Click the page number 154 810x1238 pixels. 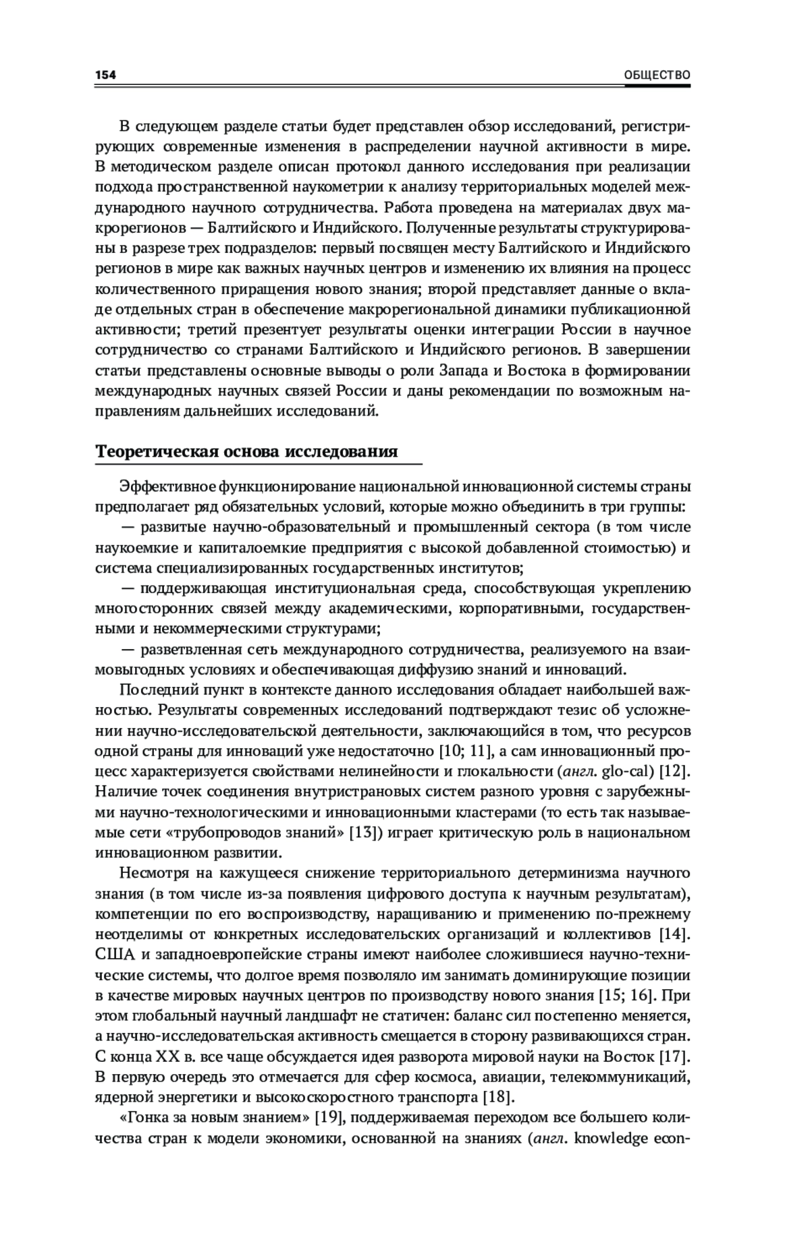click(x=106, y=75)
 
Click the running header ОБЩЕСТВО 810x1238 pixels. click(x=657, y=75)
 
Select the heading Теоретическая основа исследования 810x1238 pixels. click(x=246, y=451)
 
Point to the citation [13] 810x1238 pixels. click(x=361, y=831)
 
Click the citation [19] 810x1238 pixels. click(x=331, y=1117)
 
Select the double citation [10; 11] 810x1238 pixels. click(x=463, y=750)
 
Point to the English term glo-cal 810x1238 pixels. click(x=628, y=770)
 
